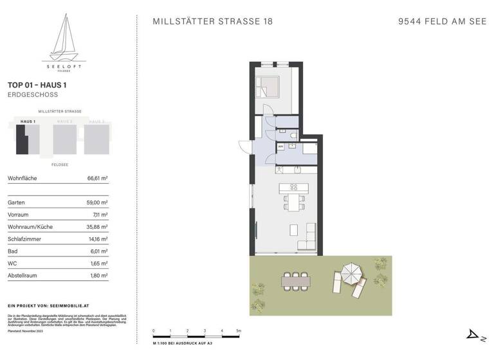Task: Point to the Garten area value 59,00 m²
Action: [97, 203]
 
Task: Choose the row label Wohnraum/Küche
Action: [30, 227]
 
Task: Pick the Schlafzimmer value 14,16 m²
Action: [97, 239]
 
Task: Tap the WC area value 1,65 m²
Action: [98, 264]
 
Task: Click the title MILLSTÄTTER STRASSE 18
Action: [212, 21]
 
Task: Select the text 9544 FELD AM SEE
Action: [442, 21]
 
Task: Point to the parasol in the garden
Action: [352, 272]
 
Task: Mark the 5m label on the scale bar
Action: [238, 330]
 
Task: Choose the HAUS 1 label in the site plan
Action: [28, 122]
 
